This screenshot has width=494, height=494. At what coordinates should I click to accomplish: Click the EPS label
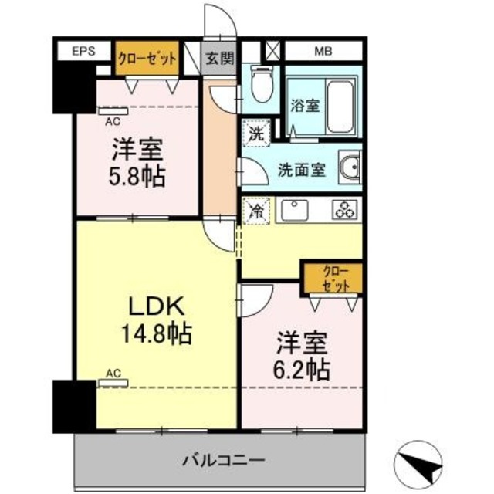pos(83,52)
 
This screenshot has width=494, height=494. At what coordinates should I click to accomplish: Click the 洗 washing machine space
pos(255,132)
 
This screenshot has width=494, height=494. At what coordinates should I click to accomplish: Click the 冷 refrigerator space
pos(255,208)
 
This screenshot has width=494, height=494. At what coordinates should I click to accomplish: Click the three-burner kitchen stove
pos(343,208)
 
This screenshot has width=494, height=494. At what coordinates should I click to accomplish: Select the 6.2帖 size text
pos(303,367)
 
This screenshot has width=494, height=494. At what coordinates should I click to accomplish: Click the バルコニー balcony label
pos(225,461)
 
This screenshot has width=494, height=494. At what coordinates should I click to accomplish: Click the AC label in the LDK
pos(113,373)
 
